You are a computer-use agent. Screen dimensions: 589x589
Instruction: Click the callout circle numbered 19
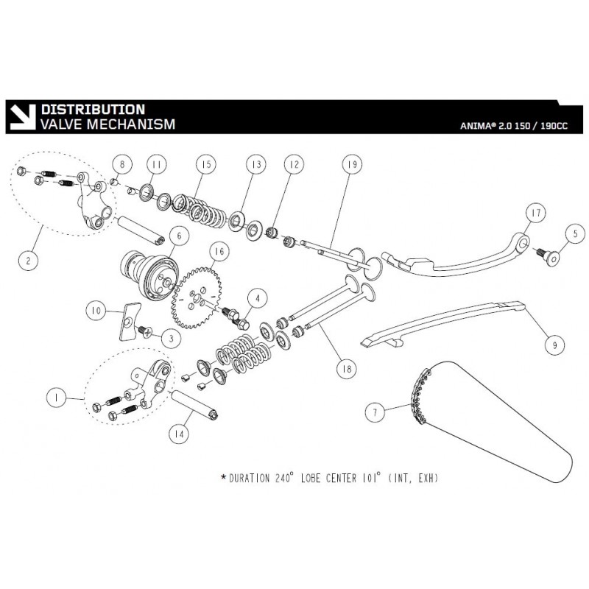(350, 166)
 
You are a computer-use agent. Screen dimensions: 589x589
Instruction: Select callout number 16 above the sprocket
(219, 251)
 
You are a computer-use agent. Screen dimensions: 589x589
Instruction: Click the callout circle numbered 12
(294, 166)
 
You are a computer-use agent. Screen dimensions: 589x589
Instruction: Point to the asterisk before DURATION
(223, 478)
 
